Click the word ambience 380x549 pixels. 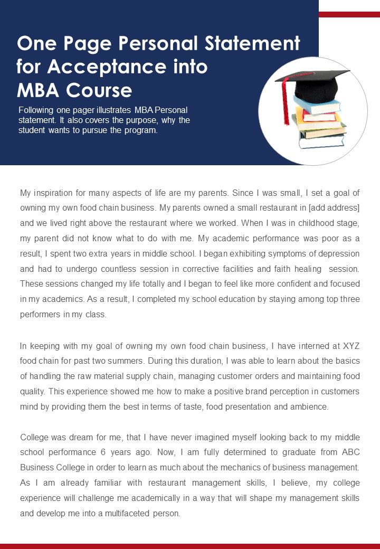pos(309,407)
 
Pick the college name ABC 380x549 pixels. pos(350,453)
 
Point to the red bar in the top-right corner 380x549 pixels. pos(349,14)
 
